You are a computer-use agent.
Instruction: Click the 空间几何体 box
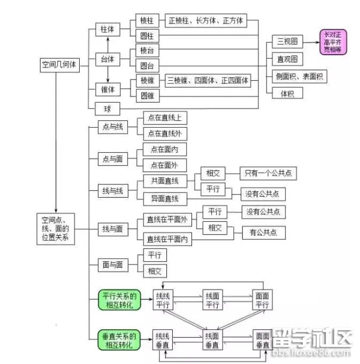point(59,65)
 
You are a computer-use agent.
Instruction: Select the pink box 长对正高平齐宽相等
point(333,42)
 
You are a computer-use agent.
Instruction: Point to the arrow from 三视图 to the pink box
point(311,42)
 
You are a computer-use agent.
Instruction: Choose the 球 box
point(108,109)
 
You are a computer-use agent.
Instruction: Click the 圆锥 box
point(147,96)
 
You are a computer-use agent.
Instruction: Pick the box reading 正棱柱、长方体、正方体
point(206,21)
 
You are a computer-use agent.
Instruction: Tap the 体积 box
point(287,93)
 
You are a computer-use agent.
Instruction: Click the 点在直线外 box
point(165,134)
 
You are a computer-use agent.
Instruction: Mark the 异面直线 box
point(165,199)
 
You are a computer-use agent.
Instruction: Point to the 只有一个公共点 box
point(268,173)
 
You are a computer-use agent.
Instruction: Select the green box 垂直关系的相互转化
point(119,340)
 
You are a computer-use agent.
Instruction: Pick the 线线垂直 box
point(163,340)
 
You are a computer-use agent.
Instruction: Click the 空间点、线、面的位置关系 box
point(56,228)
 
